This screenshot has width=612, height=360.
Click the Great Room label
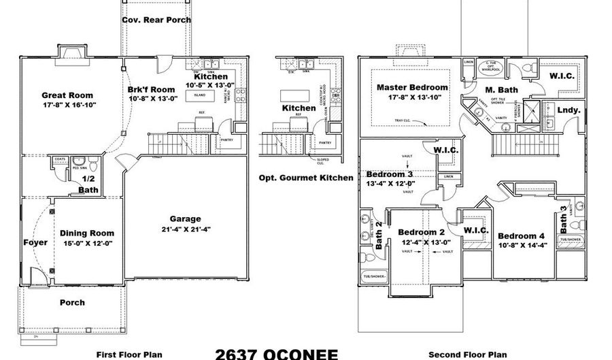click(67, 95)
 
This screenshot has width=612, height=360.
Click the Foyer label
click(35, 242)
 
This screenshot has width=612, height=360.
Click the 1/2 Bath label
click(87, 185)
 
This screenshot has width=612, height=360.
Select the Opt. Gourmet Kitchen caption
click(306, 178)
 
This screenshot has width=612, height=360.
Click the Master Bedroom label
click(412, 87)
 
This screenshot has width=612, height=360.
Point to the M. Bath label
click(501, 89)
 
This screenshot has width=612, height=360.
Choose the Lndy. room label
click(568, 110)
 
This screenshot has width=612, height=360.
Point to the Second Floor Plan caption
click(468, 355)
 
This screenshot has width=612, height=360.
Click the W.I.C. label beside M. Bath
click(562, 75)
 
